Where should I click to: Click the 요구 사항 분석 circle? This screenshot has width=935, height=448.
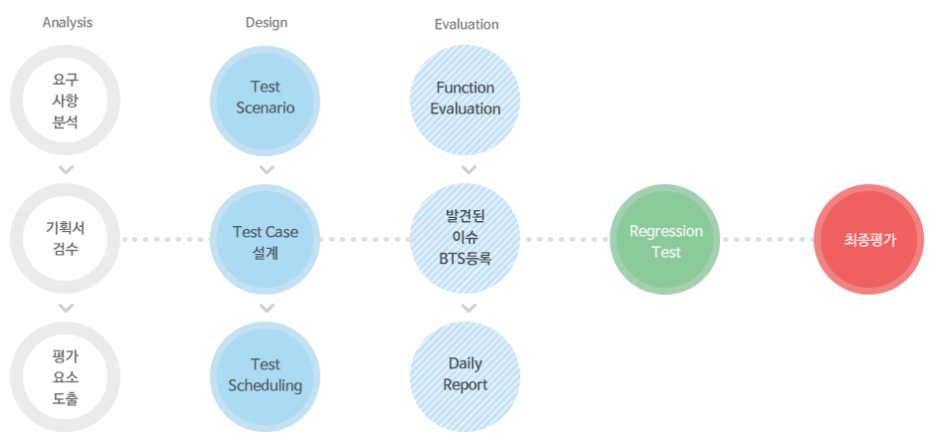click(x=66, y=100)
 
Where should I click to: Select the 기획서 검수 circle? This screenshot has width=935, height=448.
click(x=66, y=239)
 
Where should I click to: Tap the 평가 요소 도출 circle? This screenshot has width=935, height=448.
click(x=66, y=377)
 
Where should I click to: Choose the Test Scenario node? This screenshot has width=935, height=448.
click(x=266, y=99)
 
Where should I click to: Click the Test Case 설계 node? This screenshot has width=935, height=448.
click(x=266, y=239)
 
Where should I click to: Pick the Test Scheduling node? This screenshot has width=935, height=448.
click(x=266, y=375)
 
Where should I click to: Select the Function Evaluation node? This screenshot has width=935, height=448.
click(x=466, y=99)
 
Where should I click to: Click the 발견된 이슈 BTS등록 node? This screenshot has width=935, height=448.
click(x=466, y=239)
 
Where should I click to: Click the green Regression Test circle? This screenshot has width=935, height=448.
click(x=666, y=240)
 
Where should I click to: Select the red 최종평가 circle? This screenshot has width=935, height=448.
click(x=870, y=240)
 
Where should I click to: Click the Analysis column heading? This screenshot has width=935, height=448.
click(x=68, y=23)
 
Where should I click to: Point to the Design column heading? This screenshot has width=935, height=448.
click(x=266, y=23)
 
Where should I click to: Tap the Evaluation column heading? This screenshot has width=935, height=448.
click(x=467, y=24)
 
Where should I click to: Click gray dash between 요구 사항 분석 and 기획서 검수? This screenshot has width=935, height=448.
click(x=66, y=170)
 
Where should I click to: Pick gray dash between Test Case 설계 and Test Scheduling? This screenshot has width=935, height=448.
click(x=267, y=308)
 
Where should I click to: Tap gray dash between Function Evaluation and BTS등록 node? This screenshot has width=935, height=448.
click(x=467, y=170)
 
